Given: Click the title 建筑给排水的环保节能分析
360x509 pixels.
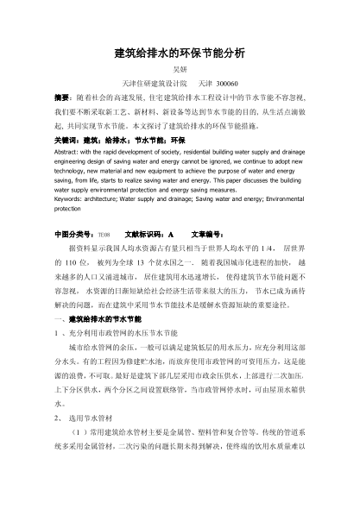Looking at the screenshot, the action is pos(180,53).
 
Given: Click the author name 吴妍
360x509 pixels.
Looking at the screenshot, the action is pos(180,71).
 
